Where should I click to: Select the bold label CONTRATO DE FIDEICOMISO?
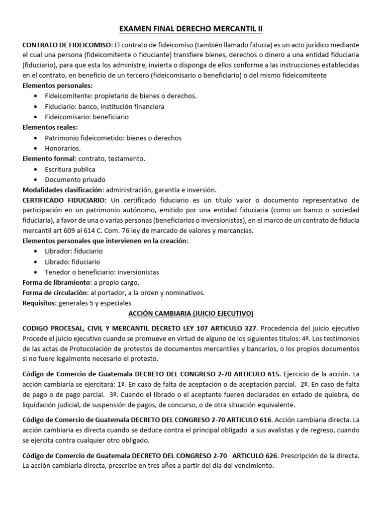68,44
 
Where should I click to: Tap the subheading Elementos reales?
50,128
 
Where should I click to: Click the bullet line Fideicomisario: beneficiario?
87,117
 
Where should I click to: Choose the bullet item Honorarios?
63,148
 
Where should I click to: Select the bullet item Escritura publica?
70,169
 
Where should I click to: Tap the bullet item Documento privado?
75,179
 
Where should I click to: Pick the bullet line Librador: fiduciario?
73,252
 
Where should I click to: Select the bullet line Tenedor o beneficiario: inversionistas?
102,272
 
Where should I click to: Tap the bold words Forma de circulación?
55,293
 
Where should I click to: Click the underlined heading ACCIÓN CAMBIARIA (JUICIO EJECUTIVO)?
191,313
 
